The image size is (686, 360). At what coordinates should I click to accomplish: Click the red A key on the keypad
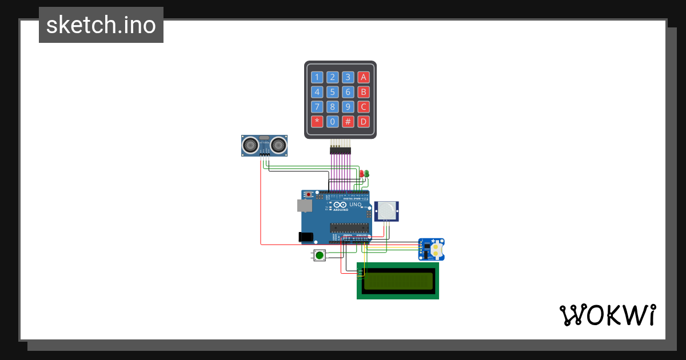[363, 77]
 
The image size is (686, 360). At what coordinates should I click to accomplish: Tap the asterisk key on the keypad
[317, 121]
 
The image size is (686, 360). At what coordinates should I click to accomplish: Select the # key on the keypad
[348, 121]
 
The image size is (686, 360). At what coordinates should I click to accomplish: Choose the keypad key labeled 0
[332, 121]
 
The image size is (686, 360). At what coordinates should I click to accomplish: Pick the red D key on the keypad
[363, 121]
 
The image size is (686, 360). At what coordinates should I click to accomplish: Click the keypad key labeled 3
[348, 77]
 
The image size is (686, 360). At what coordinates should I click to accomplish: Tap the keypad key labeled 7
[317, 107]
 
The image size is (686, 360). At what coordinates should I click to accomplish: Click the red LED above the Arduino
[362, 173]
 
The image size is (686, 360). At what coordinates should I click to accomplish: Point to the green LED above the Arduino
[367, 173]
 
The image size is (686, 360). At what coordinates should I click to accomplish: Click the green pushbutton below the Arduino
[320, 256]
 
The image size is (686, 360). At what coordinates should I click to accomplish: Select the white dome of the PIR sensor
[388, 210]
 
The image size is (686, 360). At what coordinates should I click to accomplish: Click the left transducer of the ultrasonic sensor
[250, 145]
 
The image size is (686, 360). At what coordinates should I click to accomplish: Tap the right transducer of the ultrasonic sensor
[278, 145]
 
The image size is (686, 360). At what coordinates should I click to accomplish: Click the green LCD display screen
[398, 281]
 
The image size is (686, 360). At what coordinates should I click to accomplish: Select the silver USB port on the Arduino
[304, 206]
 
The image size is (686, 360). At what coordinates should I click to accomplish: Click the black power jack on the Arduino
[306, 236]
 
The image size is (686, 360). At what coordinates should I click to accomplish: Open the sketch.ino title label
[101, 25]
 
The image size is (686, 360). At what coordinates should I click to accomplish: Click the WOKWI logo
[607, 315]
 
